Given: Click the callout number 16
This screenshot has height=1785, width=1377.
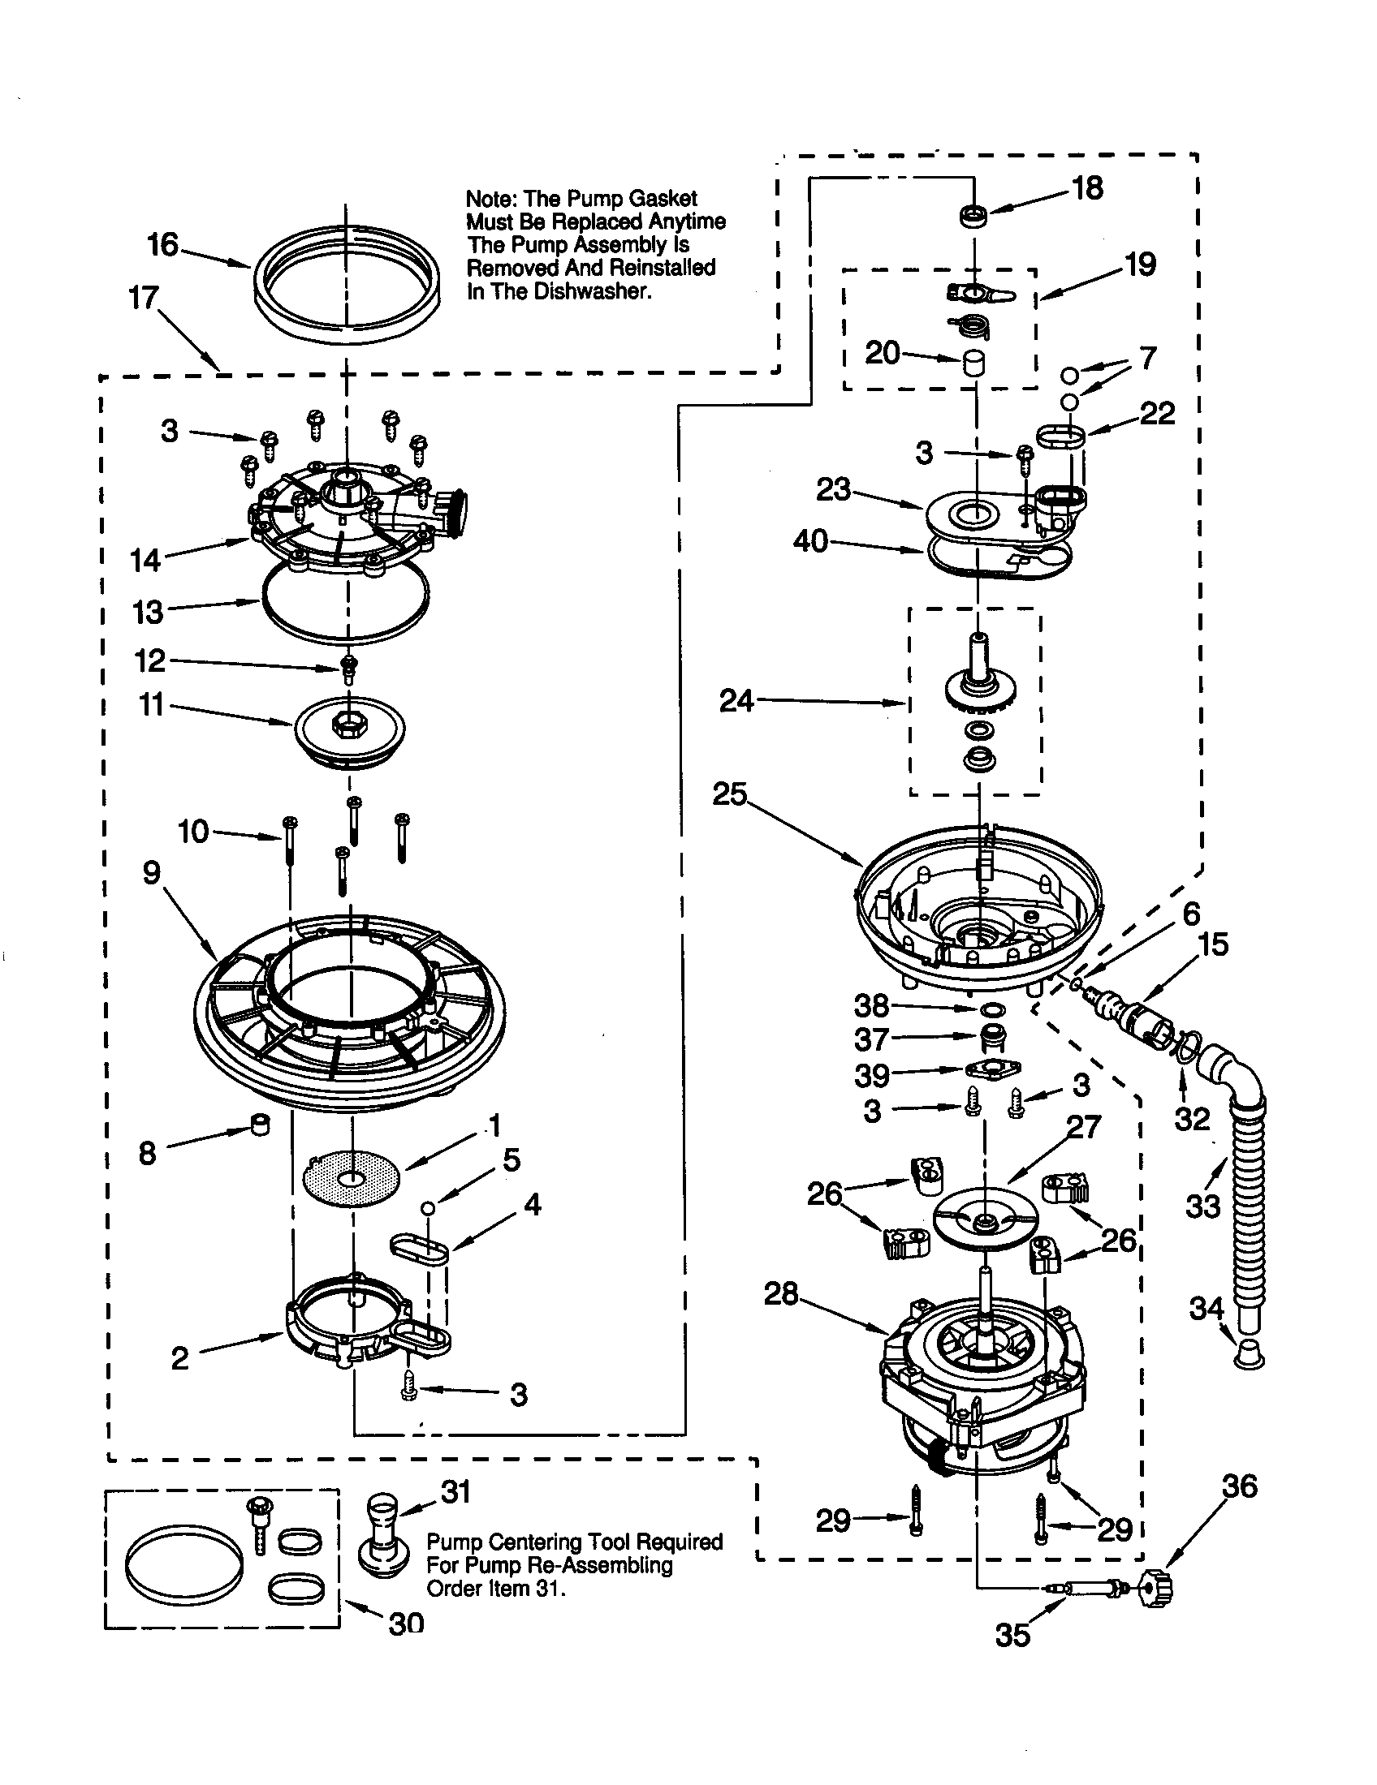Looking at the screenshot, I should click(162, 244).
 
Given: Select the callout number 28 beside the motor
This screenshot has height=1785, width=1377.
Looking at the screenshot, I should click(781, 1294).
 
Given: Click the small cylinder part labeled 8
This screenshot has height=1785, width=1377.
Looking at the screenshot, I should click(260, 1125).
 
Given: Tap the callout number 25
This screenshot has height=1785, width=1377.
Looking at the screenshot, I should click(729, 794).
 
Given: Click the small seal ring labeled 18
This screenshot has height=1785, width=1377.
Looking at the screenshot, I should click(973, 217).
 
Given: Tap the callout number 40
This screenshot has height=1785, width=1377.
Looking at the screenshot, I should click(810, 541).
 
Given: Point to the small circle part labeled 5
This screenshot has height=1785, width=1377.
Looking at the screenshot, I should click(427, 1206).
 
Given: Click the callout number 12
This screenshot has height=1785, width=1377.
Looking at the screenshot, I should click(150, 660).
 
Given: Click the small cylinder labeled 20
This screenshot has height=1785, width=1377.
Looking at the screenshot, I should click(973, 363).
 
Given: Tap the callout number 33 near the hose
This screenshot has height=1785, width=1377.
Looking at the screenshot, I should click(1202, 1206).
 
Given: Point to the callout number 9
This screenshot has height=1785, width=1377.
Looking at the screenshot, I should click(152, 873).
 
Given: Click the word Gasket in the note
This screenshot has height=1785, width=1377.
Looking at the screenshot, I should click(663, 199).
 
